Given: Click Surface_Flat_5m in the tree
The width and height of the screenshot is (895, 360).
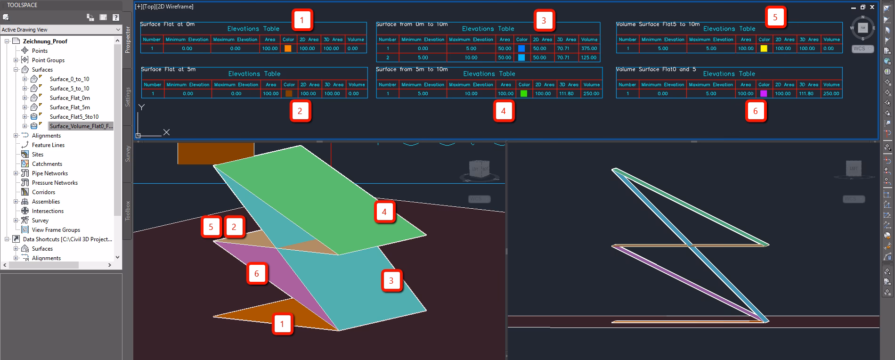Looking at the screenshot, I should (70, 107).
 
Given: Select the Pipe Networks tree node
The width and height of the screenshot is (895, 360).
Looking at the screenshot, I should (49, 173).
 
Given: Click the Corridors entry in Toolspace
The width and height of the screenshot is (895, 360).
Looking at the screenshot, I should (43, 192).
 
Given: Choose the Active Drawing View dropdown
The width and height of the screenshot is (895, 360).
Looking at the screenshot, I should (61, 30).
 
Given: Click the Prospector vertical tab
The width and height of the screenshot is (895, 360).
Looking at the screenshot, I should (128, 40).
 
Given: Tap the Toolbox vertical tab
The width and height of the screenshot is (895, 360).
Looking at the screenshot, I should (128, 211).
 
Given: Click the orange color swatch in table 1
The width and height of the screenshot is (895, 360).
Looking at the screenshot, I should (288, 49).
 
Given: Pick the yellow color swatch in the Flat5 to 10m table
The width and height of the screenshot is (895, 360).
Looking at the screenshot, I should (764, 49).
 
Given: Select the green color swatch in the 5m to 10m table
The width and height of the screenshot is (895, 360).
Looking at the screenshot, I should (524, 94).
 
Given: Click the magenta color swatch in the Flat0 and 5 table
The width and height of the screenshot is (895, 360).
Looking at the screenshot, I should (764, 94).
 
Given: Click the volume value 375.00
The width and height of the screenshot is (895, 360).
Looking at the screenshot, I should (589, 49).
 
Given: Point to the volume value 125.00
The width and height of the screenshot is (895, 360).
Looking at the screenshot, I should (589, 57).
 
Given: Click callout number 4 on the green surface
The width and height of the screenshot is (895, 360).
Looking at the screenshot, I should (384, 212).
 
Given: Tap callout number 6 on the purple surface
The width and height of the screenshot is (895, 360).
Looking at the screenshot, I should (257, 274).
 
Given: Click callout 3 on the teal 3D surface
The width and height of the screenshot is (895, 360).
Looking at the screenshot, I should (391, 281).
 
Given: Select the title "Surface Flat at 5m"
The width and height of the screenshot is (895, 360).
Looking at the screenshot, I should (168, 69).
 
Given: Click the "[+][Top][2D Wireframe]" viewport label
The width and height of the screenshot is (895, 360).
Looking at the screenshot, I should (164, 7).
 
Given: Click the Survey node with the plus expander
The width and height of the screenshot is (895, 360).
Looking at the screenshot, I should (40, 221).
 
